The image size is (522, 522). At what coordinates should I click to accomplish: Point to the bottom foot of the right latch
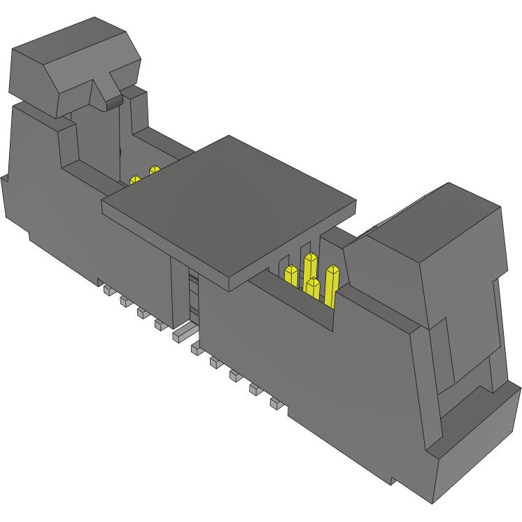tap(476, 448)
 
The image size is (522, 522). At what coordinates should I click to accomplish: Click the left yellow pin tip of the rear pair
tap(135, 180)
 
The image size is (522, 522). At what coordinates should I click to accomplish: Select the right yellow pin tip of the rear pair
tap(154, 170)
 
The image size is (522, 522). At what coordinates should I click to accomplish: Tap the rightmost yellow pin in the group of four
tap(332, 283)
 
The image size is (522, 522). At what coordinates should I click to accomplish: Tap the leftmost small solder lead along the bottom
tap(108, 289)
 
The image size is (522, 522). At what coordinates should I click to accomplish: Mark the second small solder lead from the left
tap(126, 301)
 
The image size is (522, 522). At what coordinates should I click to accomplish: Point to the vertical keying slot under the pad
tap(193, 294)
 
